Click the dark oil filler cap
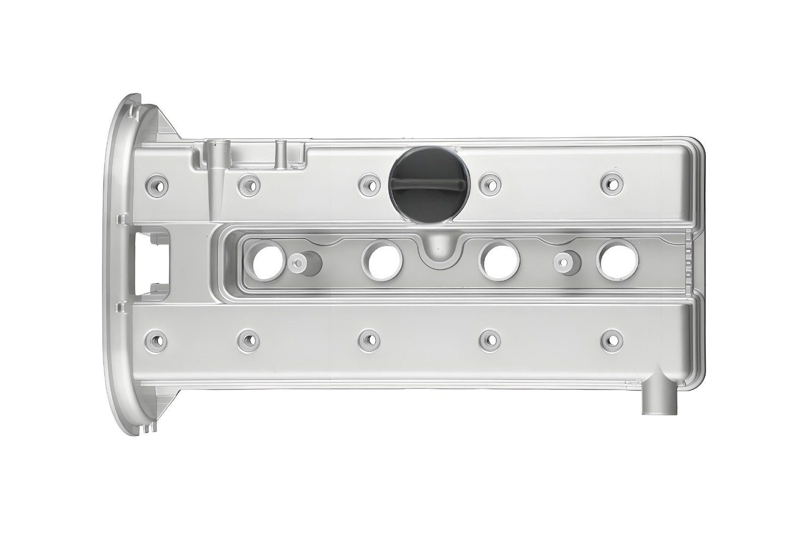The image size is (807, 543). (429, 185)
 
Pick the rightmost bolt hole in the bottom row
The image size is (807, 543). (611, 339)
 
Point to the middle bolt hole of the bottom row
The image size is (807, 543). (370, 339)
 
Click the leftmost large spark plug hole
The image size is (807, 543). (268, 260)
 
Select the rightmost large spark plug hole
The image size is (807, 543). (617, 260)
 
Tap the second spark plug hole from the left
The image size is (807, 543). (382, 260)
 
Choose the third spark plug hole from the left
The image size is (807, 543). (499, 260)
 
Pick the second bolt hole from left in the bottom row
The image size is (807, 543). (248, 339)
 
